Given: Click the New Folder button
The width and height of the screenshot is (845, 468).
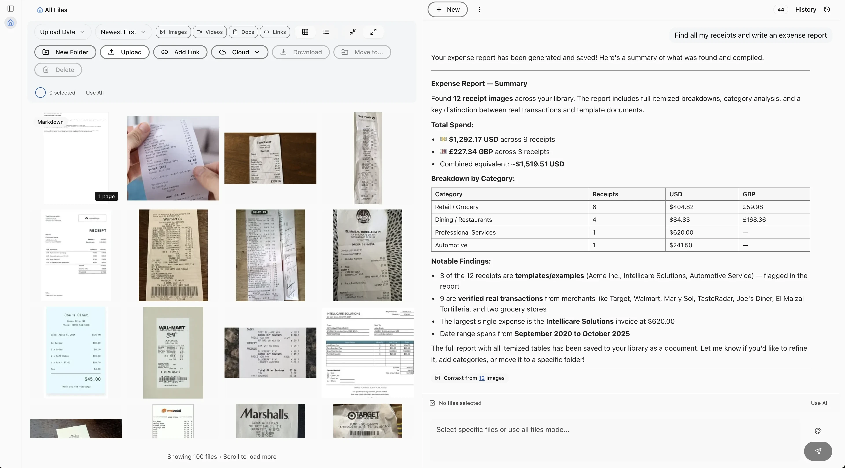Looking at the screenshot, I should [x=65, y=52].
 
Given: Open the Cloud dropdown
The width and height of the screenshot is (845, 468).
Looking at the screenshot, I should [x=239, y=52].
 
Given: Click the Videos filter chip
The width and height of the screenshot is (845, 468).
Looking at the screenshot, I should [x=210, y=32].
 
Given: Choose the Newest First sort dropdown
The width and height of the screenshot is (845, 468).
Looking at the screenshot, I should [x=123, y=32].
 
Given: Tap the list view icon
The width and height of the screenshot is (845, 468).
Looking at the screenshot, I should [x=325, y=32].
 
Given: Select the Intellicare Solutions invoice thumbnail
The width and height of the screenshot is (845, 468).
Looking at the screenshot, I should [x=367, y=352].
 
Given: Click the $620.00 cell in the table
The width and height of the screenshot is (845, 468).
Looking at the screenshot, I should [x=681, y=232].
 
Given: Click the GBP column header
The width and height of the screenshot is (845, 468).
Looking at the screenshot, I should [x=749, y=194].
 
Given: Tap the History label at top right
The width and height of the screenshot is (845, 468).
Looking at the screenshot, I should [x=805, y=9].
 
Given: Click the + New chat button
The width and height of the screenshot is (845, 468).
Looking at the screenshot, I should [x=447, y=9].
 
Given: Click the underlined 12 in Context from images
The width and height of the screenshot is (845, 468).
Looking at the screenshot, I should [x=481, y=378].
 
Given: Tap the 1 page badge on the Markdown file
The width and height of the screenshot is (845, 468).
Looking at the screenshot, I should [x=106, y=196].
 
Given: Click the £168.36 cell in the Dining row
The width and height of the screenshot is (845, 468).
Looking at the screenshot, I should [x=754, y=220].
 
